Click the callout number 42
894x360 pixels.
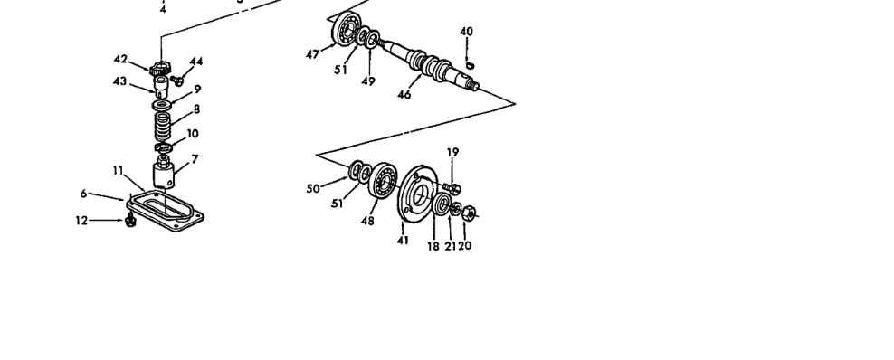tap(120, 59)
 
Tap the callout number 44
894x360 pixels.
tap(196, 62)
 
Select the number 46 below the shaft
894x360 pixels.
tap(404, 95)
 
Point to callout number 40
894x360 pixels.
tap(466, 32)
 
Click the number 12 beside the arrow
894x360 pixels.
tap(81, 221)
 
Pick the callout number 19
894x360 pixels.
tap(452, 153)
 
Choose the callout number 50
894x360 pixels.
tap(313, 188)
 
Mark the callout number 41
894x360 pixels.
tap(403, 241)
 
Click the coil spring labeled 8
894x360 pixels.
tap(163, 127)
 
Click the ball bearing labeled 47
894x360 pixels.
tap(346, 27)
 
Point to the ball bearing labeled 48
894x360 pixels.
tap(383, 181)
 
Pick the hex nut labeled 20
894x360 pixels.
tap(469, 213)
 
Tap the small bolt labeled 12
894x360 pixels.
tap(130, 220)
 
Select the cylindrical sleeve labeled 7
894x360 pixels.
tap(164, 174)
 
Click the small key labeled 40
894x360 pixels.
tap(470, 65)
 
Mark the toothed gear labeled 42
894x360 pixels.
tap(160, 70)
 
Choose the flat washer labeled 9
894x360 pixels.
tap(162, 105)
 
